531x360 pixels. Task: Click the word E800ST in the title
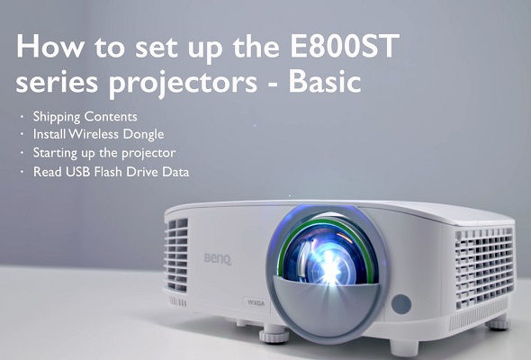pyautogui.click(x=345, y=46)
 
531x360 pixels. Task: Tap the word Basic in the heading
pyautogui.click(x=324, y=82)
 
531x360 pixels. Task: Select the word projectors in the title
pyautogui.click(x=184, y=85)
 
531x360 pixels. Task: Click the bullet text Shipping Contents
pyautogui.click(x=85, y=117)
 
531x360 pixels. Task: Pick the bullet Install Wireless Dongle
pyautogui.click(x=98, y=134)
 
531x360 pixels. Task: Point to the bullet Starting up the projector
pyautogui.click(x=104, y=153)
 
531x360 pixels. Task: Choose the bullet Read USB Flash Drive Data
pyautogui.click(x=111, y=172)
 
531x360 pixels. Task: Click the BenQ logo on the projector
pyautogui.click(x=218, y=258)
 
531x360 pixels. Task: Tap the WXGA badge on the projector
pyautogui.click(x=256, y=303)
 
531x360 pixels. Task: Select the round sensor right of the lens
pyautogui.click(x=401, y=304)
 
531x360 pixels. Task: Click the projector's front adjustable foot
pyautogui.click(x=274, y=334)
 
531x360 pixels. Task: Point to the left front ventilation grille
pyautogui.click(x=176, y=255)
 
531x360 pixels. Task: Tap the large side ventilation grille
pyautogui.click(x=484, y=267)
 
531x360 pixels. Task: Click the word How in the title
pyautogui.click(x=49, y=46)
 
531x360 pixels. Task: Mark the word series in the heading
pyautogui.click(x=57, y=82)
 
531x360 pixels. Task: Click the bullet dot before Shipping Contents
pyautogui.click(x=22, y=117)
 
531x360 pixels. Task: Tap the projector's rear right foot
pyautogui.click(x=498, y=323)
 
